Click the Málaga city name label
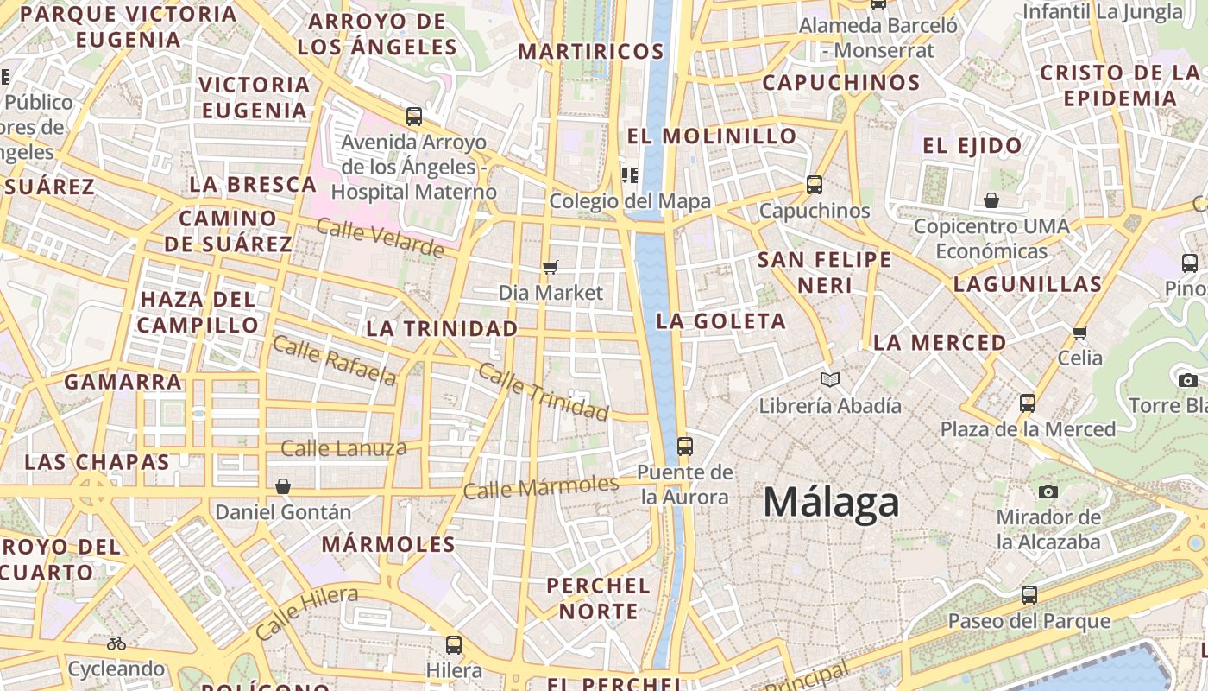click(831, 503)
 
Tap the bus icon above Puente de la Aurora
click(685, 446)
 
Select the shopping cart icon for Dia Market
click(551, 267)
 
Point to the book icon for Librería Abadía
click(830, 379)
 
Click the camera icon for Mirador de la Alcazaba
click(1048, 491)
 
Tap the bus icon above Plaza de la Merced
click(1027, 403)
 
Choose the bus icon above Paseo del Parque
click(1029, 594)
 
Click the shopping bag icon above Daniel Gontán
click(282, 486)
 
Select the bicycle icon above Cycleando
click(116, 643)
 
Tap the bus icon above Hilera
click(454, 644)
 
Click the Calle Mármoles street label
click(541, 487)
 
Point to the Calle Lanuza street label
click(343, 448)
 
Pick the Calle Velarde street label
click(380, 238)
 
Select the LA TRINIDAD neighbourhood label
click(442, 329)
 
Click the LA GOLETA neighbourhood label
click(720, 321)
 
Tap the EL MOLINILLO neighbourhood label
click(712, 136)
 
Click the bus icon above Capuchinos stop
click(814, 184)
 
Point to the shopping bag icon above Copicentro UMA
click(991, 200)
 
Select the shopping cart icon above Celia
click(1079, 333)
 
